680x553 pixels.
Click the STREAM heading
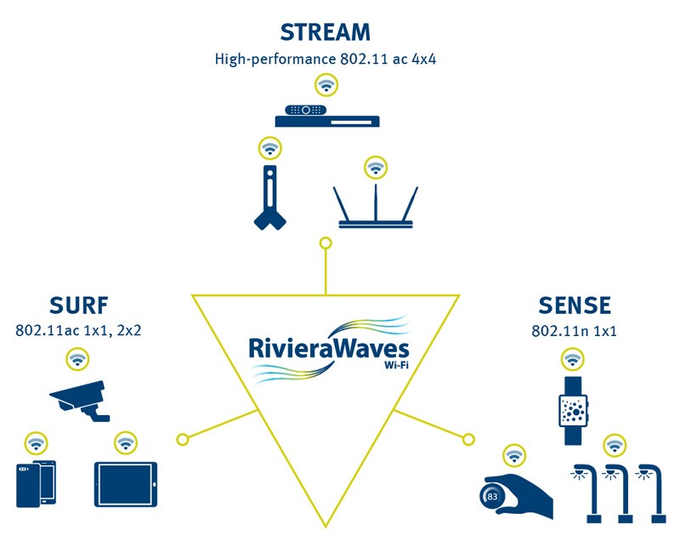(326, 32)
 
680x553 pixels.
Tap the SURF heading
(78, 305)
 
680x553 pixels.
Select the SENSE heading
(575, 305)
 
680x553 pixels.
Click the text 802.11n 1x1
(574, 331)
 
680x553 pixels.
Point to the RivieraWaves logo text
(329, 349)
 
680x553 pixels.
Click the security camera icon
(81, 401)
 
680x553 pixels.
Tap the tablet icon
(126, 484)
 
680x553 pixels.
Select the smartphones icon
(37, 483)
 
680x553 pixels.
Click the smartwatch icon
(573, 411)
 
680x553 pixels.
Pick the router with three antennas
(376, 207)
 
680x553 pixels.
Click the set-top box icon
(327, 116)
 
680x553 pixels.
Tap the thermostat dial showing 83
(492, 496)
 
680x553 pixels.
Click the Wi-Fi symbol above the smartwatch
(573, 359)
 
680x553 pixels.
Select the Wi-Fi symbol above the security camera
(77, 359)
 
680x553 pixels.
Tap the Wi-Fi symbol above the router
(376, 168)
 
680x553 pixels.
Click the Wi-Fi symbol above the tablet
(126, 443)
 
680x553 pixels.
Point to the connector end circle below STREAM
(326, 243)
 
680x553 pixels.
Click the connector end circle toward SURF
(183, 440)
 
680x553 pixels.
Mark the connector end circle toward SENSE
(468, 440)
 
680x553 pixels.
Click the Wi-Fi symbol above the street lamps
(615, 446)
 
